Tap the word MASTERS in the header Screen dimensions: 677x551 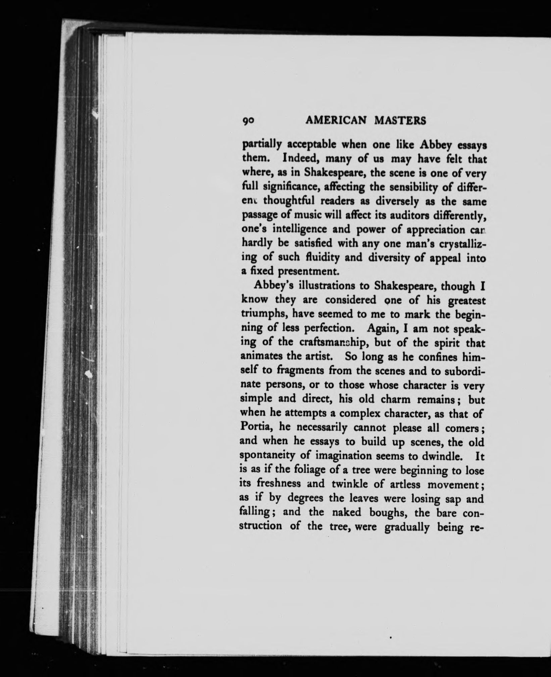tap(399, 120)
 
